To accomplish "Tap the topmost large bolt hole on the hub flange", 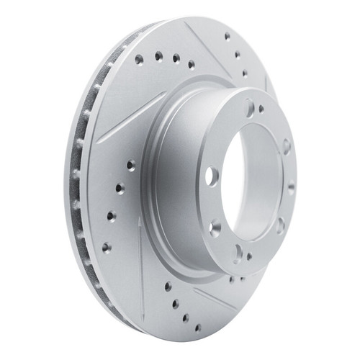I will point(250,109).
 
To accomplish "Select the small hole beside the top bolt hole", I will point(261,109).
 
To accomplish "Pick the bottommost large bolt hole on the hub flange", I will point(238,251).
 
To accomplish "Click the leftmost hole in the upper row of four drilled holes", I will point(138,60).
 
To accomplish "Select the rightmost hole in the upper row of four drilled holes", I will point(192,64).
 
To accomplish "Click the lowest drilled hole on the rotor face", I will point(198,328).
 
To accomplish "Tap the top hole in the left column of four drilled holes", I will point(130,164).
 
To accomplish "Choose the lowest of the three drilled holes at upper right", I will point(245,73).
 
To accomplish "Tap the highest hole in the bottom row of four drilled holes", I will point(168,287).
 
